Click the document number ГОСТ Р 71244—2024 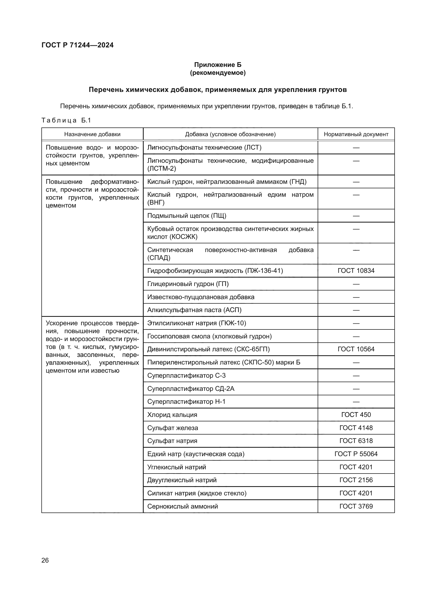pos(77,45)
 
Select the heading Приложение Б pos(218,65)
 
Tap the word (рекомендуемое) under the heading pos(218,73)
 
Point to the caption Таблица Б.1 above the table pos(66,120)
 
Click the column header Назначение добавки pos(92,134)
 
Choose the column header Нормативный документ pos(356,134)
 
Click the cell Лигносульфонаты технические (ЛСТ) pos(204,147)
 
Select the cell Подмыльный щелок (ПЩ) pos(187,216)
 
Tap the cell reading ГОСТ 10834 pos(356,270)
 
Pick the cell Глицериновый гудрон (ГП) pos(188,284)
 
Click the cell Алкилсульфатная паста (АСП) pos(194,310)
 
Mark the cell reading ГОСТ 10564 pos(356,349)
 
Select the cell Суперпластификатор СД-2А pos(191,388)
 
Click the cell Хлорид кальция pos(172,415)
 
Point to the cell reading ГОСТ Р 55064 pos(356,454)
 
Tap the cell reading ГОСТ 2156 pos(356,480)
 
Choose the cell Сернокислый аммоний pos(183,506)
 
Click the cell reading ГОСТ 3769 pos(356,506)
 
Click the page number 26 pos(45,560)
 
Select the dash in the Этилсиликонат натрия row pos(356,323)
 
